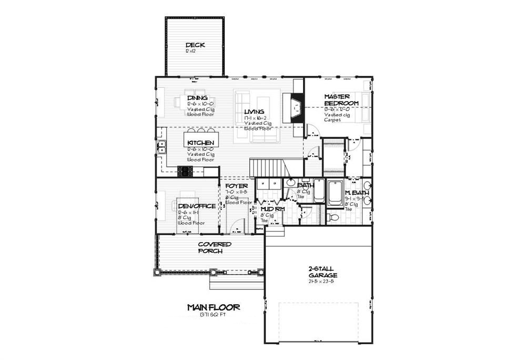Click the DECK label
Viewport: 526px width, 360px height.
[x=195, y=45]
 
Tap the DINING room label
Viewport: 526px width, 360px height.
[x=197, y=98]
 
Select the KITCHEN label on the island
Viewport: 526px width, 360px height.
[x=200, y=143]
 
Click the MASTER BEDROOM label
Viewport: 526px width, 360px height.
[x=341, y=100]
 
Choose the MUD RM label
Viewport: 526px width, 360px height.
[x=273, y=209]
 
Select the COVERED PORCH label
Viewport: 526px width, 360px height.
[x=214, y=247]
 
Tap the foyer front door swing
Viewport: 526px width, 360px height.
[x=238, y=225]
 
